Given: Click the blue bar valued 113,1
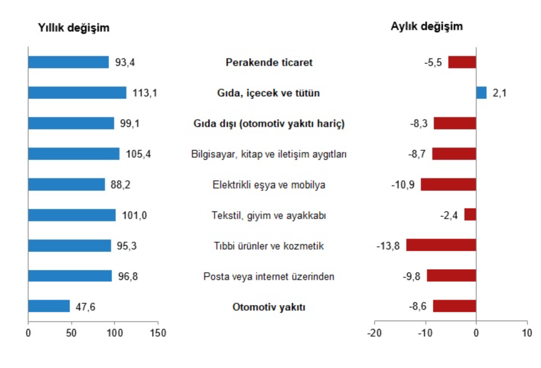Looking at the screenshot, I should pyautogui.click(x=77, y=93).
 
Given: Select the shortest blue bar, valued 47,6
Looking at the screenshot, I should pyautogui.click(x=49, y=306).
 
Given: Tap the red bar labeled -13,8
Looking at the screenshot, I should pyautogui.click(x=441, y=245).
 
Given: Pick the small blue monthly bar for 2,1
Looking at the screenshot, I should pyautogui.click(x=481, y=93).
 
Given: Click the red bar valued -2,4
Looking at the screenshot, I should pyautogui.click(x=470, y=215).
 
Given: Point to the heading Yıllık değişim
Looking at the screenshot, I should pyautogui.click(x=74, y=28).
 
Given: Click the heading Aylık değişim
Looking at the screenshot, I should pyautogui.click(x=427, y=26).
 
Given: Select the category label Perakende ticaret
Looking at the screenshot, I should pyautogui.click(x=269, y=62).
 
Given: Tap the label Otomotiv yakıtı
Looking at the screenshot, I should pyautogui.click(x=269, y=307).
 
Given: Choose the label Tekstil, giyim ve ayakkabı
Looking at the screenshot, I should pyautogui.click(x=269, y=216).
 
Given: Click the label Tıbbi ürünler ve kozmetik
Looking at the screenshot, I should pyautogui.click(x=269, y=246).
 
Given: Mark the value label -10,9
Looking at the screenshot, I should pyautogui.click(x=403, y=185).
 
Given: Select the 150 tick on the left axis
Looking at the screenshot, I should pyautogui.click(x=158, y=333).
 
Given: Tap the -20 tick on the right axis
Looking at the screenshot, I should pyautogui.click(x=374, y=333).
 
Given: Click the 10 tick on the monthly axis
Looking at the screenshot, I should pyautogui.click(x=527, y=333).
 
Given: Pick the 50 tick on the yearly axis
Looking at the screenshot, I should pyautogui.click(x=71, y=333).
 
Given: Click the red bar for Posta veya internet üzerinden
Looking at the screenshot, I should pyautogui.click(x=451, y=276).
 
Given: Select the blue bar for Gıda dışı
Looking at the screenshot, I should pyautogui.click(x=71, y=123).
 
